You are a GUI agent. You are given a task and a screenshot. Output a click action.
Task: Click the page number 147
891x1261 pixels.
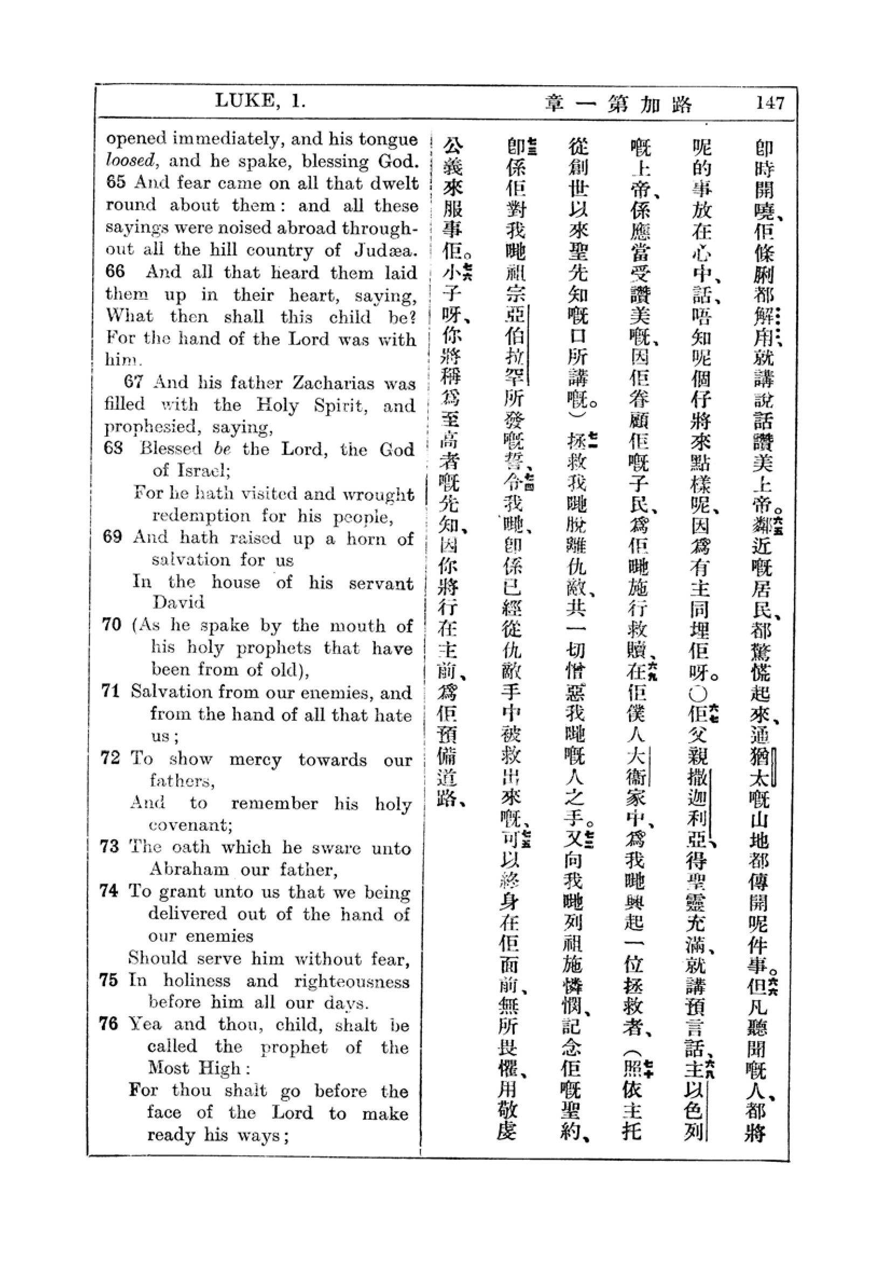coord(770,103)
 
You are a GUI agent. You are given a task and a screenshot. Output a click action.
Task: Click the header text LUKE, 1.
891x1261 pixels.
coord(260,100)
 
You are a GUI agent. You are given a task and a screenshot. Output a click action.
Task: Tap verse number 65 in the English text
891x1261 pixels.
coord(115,182)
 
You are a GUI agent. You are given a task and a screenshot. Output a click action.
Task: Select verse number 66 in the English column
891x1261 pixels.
coord(115,272)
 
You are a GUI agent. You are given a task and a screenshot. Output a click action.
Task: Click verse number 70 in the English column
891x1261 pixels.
coord(112,625)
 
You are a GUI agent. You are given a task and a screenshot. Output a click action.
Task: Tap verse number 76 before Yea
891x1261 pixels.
coord(109,1024)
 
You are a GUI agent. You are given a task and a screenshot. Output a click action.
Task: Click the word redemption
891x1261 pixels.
coord(202,516)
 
